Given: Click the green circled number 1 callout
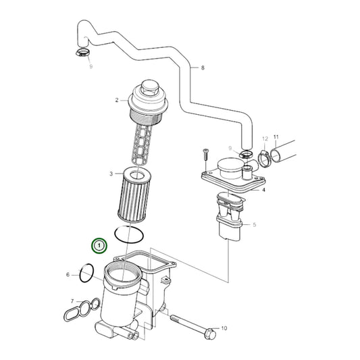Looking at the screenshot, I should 99,245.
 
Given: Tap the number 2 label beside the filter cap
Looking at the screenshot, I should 117,100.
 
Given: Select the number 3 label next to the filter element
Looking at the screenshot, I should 111,174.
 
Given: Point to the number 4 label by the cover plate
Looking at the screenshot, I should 263,190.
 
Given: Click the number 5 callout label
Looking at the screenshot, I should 255,224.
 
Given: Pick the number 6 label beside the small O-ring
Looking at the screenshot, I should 68,275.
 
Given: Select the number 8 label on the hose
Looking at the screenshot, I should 201,68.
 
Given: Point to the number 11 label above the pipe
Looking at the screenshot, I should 275,136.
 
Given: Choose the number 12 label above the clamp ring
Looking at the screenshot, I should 265,138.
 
